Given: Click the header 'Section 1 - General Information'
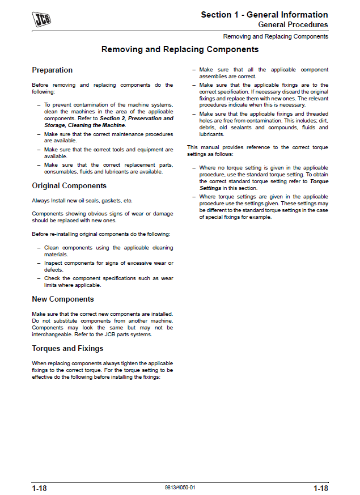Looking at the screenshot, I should point(264,15).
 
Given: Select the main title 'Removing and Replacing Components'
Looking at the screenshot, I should point(180,50).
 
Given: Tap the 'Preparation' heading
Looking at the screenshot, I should point(52,70).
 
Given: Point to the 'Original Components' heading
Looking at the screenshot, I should point(69,186).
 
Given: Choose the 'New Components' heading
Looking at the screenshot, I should point(63,299).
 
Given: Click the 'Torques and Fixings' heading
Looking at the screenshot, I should point(67,349).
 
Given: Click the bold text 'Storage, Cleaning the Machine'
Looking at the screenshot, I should point(84,125).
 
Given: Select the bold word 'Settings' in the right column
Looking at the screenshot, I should point(210,188).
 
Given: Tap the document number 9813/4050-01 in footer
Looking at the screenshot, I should point(180,488).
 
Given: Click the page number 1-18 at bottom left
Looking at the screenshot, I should point(40,488).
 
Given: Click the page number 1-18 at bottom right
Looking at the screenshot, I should point(320,488).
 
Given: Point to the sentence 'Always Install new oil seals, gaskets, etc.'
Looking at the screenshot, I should point(82,201).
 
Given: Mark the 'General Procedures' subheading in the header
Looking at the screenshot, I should point(293,25).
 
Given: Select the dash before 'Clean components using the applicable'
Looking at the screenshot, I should point(39,248).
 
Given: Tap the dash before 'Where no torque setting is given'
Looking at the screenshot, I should point(193,168).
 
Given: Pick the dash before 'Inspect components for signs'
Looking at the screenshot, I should point(39,263).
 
